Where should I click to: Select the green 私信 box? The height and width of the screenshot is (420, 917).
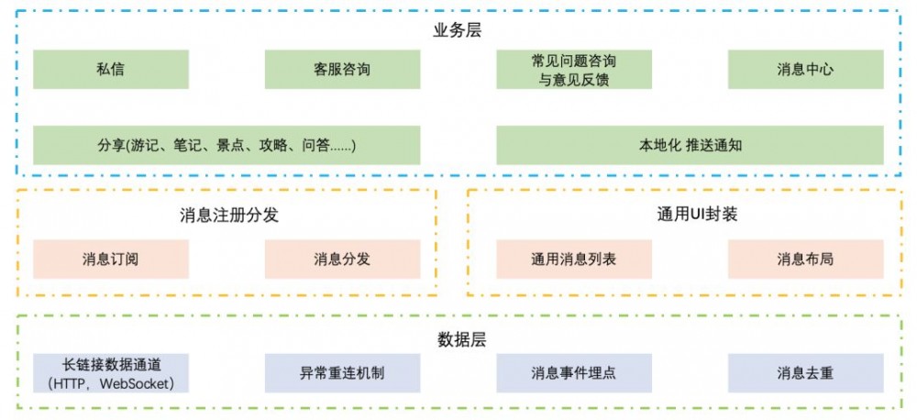(x=111, y=69)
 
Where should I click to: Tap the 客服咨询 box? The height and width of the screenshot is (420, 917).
(x=342, y=69)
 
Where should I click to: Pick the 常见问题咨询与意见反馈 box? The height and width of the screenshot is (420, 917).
(x=574, y=69)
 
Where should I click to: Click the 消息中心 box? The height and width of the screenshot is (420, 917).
(x=805, y=69)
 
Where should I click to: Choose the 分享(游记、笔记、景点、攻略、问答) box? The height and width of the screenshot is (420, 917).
(x=226, y=145)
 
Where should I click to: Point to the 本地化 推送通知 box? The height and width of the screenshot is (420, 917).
(x=690, y=145)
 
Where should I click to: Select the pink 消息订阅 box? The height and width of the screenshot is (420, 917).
(x=111, y=259)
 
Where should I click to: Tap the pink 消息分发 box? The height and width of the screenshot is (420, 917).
(x=342, y=259)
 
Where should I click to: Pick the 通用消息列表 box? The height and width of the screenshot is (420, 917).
(x=574, y=259)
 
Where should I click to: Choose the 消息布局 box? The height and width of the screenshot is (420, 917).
(x=805, y=259)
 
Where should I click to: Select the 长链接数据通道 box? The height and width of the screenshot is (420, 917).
(x=111, y=373)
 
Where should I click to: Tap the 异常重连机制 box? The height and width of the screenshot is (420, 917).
(x=342, y=373)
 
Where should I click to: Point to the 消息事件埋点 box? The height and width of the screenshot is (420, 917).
(x=574, y=373)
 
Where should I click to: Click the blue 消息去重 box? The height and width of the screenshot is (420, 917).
(x=805, y=373)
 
